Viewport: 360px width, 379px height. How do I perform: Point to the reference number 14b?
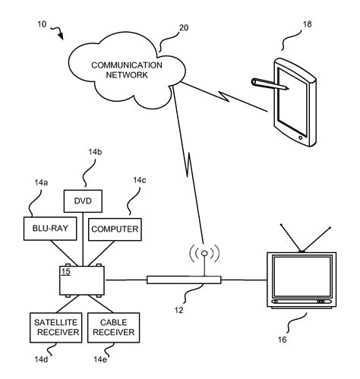94,153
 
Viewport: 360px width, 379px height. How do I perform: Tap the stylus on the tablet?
267,82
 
